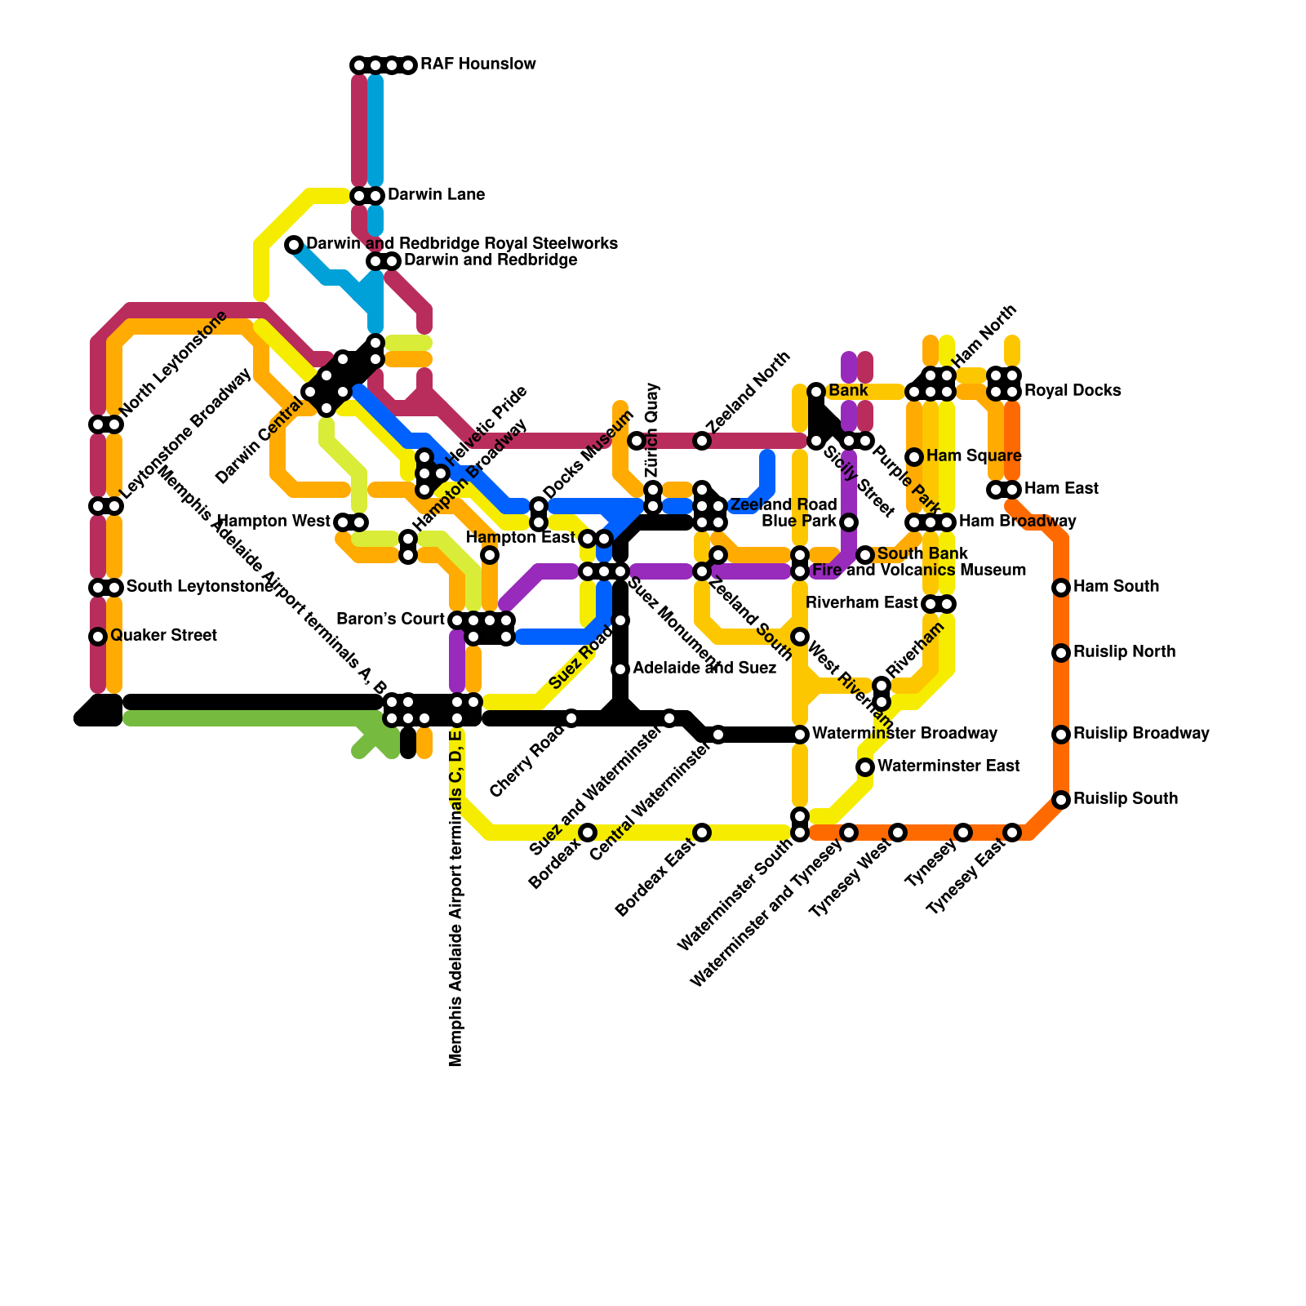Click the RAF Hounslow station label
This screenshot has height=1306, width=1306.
tap(478, 64)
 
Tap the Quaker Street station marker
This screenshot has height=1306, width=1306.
tap(98, 637)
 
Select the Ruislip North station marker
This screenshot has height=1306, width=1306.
tap(1061, 653)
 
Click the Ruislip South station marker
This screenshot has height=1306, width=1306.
tap(1061, 800)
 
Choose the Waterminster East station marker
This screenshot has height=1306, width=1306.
tap(865, 767)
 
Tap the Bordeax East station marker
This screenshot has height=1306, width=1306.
tap(702, 833)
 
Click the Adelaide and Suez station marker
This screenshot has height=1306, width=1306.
tap(620, 669)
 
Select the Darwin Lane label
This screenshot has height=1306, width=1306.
tap(436, 195)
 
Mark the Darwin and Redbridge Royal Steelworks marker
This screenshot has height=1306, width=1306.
tap(294, 245)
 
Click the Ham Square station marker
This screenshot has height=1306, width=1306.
tap(914, 457)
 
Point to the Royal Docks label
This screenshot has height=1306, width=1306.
tap(1073, 391)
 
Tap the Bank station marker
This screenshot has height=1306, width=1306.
tap(816, 392)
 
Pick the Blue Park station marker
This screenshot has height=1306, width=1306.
tap(849, 522)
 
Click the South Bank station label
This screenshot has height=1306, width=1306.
tap(922, 554)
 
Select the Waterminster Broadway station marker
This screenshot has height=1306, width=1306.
tap(800, 735)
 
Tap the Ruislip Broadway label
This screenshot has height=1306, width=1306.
tap(1141, 734)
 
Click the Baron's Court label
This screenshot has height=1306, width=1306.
tap(390, 620)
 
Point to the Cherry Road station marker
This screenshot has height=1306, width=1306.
tap(571, 718)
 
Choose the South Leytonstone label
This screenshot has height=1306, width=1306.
tap(199, 587)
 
